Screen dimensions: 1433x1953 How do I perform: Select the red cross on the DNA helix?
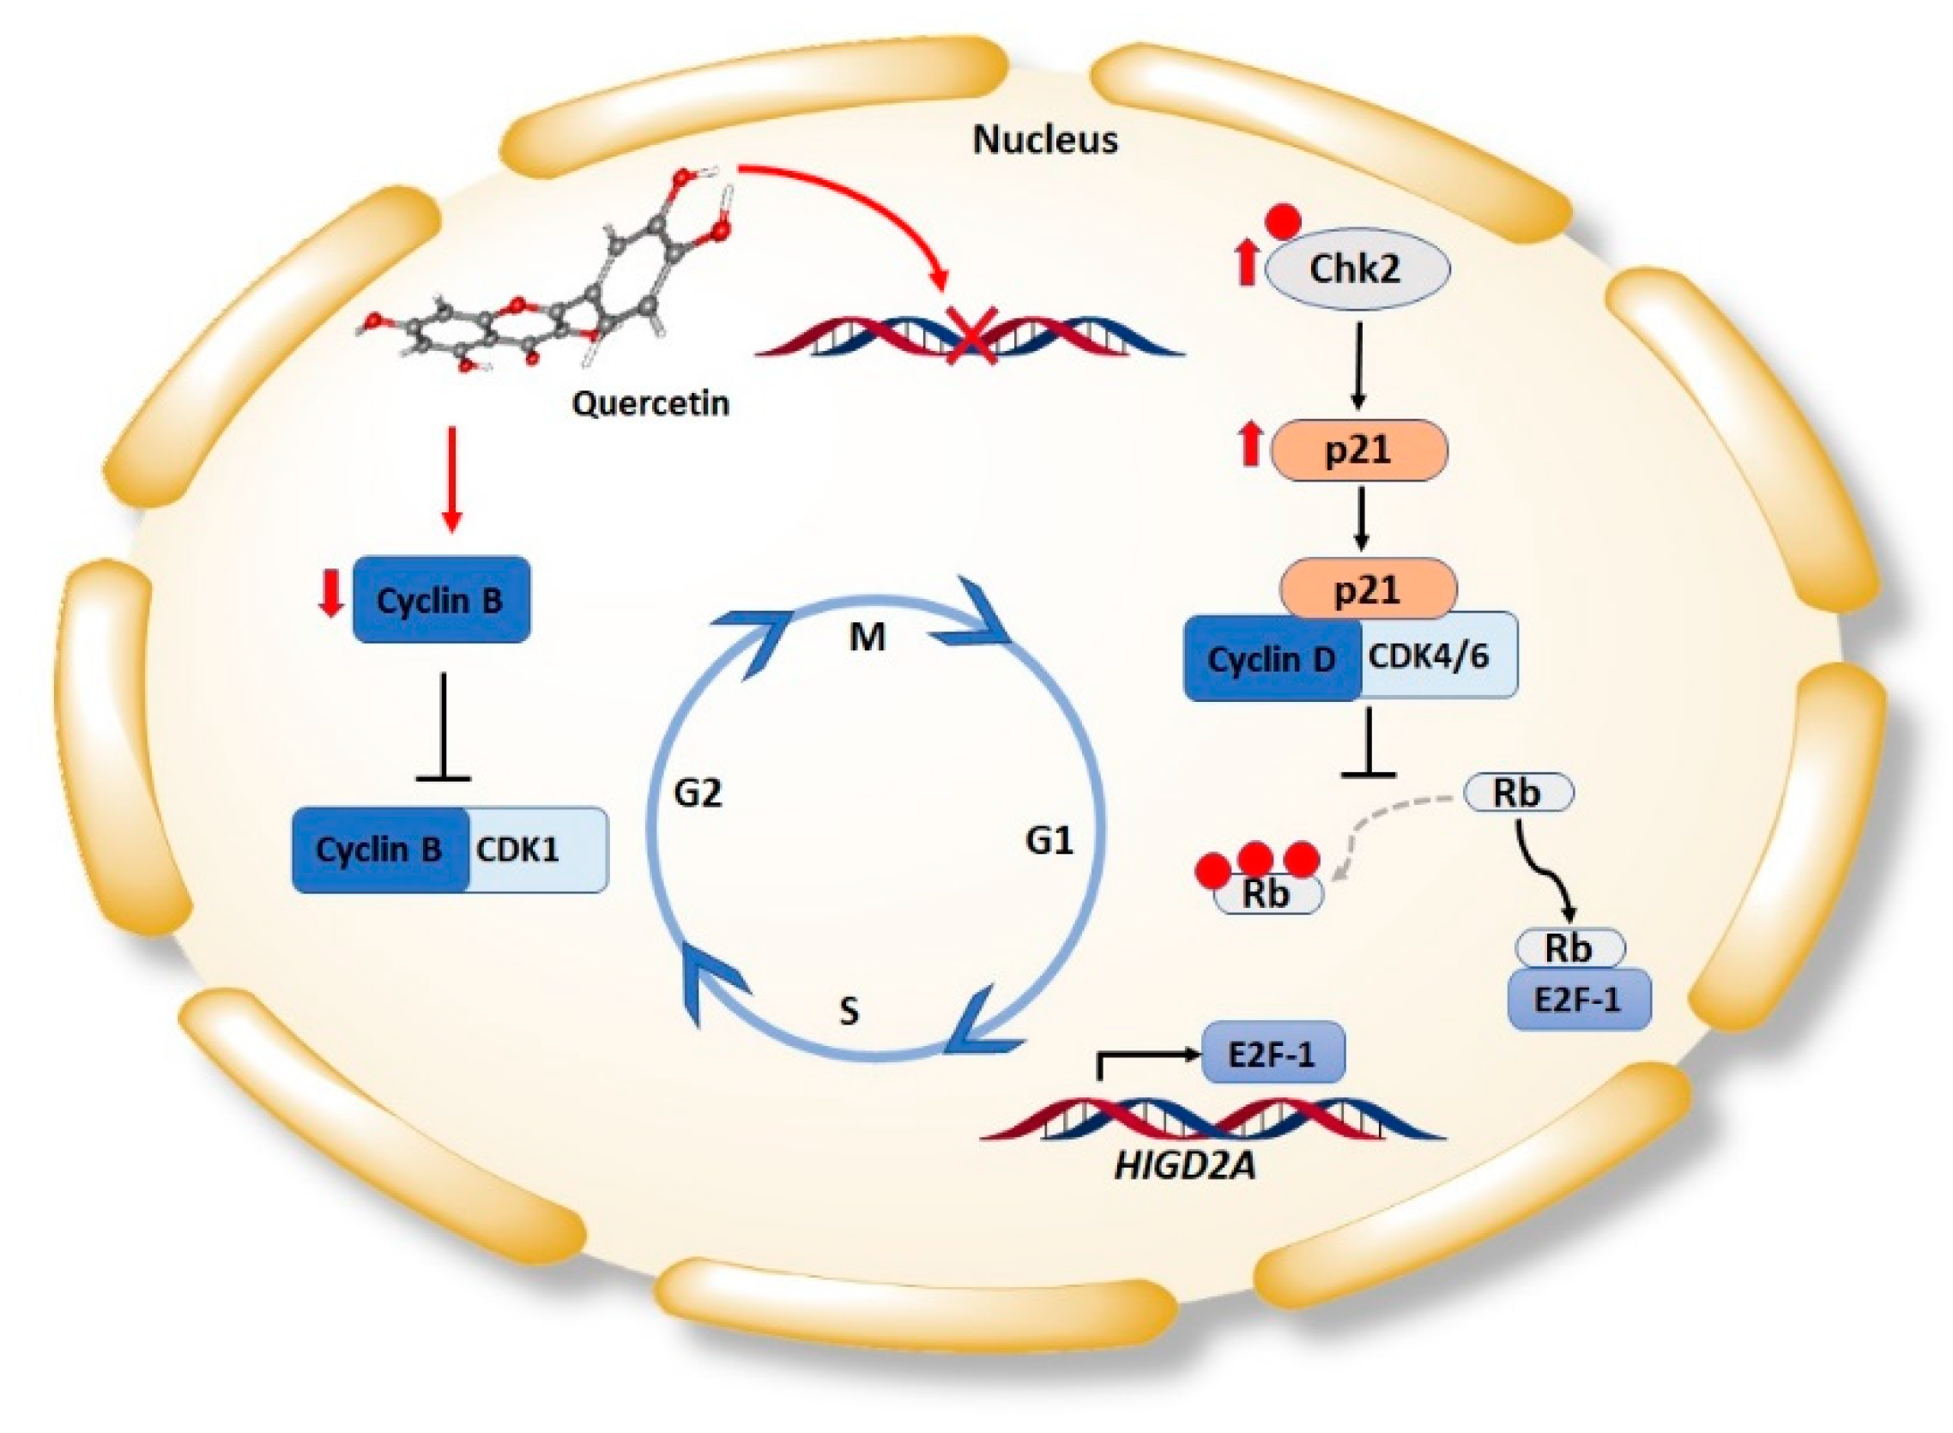[x=970, y=341]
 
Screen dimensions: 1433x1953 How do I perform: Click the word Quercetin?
[x=650, y=403]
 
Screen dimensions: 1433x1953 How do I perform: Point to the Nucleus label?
[x=1044, y=140]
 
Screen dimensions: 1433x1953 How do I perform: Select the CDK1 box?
[x=537, y=850]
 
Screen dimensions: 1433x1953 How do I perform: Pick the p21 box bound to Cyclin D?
[x=1367, y=590]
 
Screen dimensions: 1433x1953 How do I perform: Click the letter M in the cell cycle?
[x=867, y=638]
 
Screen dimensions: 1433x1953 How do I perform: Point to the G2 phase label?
[x=698, y=792]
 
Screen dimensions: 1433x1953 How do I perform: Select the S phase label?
[x=849, y=1011]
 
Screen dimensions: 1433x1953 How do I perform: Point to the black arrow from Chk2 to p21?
[x=1358, y=365]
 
